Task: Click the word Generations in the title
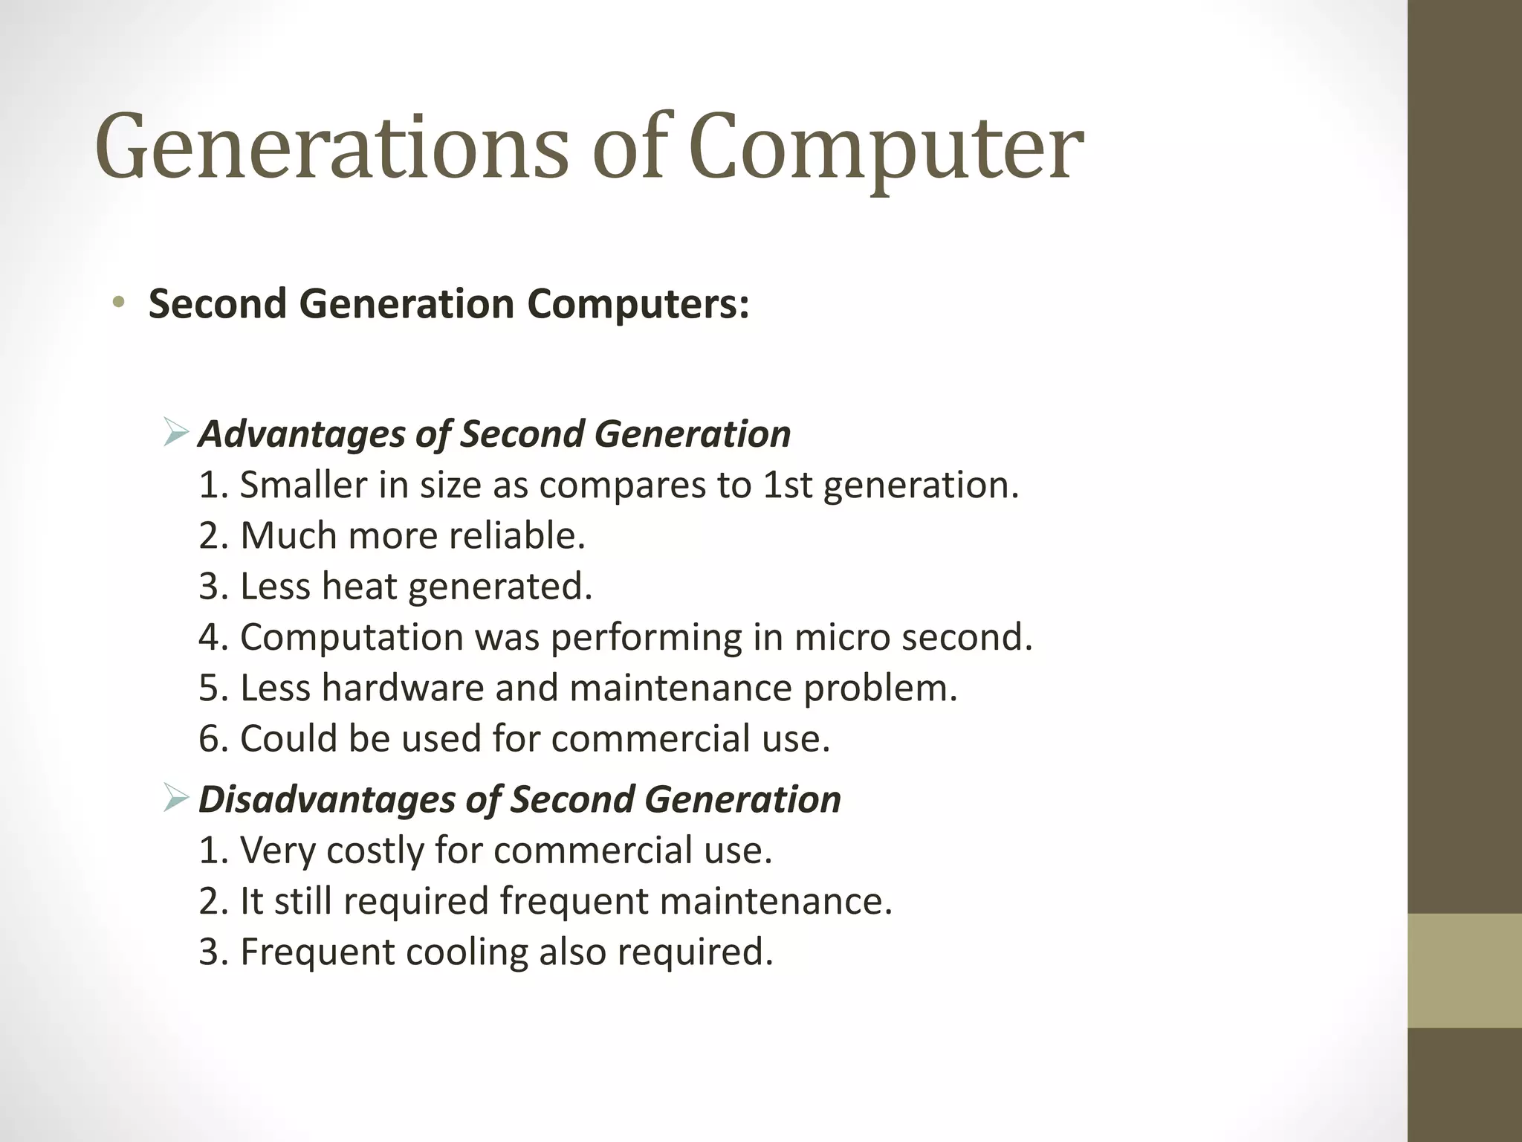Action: pos(331,147)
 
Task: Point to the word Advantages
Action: pos(302,434)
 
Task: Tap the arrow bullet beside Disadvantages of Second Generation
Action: pos(177,799)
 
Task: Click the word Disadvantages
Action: pos(327,800)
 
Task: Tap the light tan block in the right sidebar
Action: pos(1465,970)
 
